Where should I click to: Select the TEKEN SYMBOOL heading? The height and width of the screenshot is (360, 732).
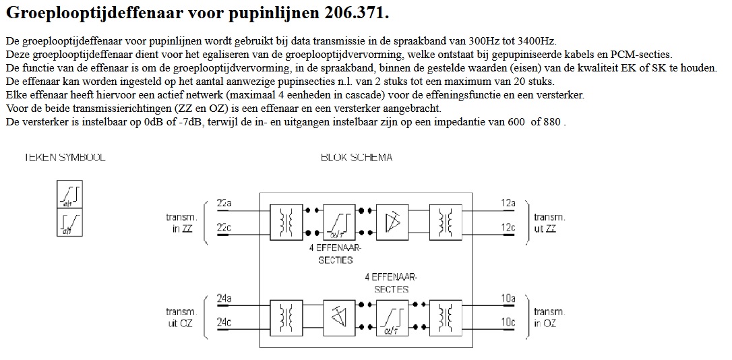65,158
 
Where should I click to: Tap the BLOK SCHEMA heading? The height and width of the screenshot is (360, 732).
357,158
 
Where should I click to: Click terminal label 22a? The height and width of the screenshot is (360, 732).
224,203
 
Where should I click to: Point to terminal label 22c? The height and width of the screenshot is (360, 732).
224,228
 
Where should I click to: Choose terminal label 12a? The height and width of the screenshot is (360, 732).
508,203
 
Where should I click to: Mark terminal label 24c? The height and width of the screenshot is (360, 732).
224,323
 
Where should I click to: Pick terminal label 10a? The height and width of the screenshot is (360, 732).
508,298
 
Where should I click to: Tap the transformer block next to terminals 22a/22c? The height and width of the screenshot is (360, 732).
286,221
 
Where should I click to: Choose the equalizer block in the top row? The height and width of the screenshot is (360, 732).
339,221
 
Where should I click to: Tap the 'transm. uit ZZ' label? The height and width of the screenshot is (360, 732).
549,222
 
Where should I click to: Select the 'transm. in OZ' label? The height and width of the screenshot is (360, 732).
549,318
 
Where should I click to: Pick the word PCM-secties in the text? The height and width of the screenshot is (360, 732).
646,54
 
